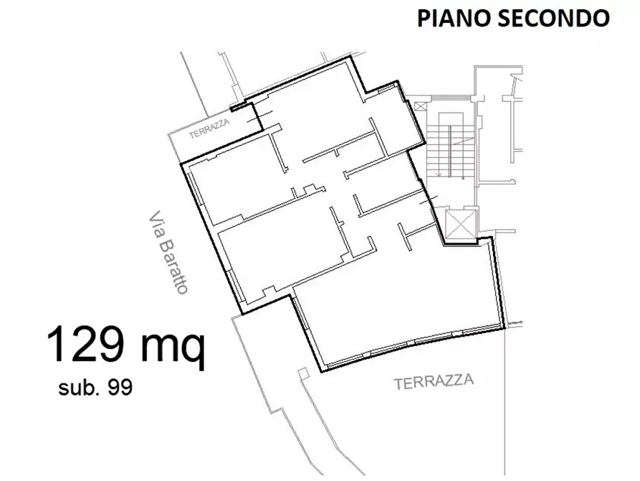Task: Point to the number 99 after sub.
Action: pyautogui.click(x=118, y=388)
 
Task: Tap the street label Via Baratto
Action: pyautogui.click(x=169, y=252)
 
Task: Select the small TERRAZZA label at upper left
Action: pyautogui.click(x=209, y=134)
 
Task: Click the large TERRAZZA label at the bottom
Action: pyautogui.click(x=434, y=382)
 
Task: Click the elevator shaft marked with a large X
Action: pyautogui.click(x=461, y=223)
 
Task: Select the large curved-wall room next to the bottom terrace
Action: pyautogui.click(x=401, y=302)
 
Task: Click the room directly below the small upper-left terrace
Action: pyautogui.click(x=237, y=179)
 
